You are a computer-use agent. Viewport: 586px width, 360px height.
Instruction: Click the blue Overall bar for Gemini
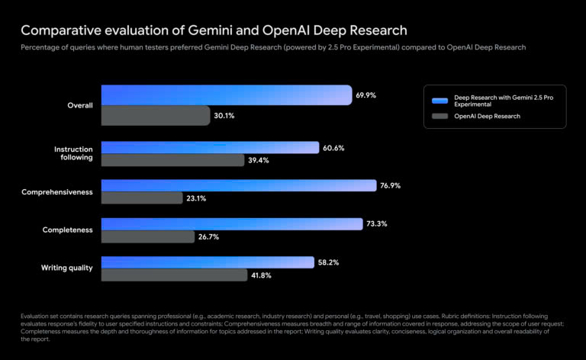pyautogui.click(x=226, y=95)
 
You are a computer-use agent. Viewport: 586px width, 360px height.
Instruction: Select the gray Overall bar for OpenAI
pyautogui.click(x=156, y=116)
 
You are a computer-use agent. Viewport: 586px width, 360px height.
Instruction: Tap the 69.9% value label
pyautogui.click(x=365, y=95)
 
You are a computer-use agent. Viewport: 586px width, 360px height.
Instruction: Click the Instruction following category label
pyautogui.click(x=73, y=153)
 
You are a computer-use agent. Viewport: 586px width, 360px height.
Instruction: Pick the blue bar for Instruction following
pyautogui.click(x=210, y=147)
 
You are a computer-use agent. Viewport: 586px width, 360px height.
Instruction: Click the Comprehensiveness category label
pyautogui.click(x=57, y=192)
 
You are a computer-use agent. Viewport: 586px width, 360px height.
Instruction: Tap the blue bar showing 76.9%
pyautogui.click(x=239, y=185)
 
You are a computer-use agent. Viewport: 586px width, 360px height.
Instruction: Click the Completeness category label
pyautogui.click(x=67, y=230)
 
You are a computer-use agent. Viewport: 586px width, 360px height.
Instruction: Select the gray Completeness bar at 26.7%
pyautogui.click(x=148, y=236)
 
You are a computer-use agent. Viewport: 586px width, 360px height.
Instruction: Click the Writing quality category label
pyautogui.click(x=66, y=268)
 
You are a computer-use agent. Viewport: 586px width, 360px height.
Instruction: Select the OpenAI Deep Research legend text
pyautogui.click(x=488, y=117)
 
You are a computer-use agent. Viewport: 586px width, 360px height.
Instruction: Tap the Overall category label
pyautogui.click(x=79, y=105)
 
